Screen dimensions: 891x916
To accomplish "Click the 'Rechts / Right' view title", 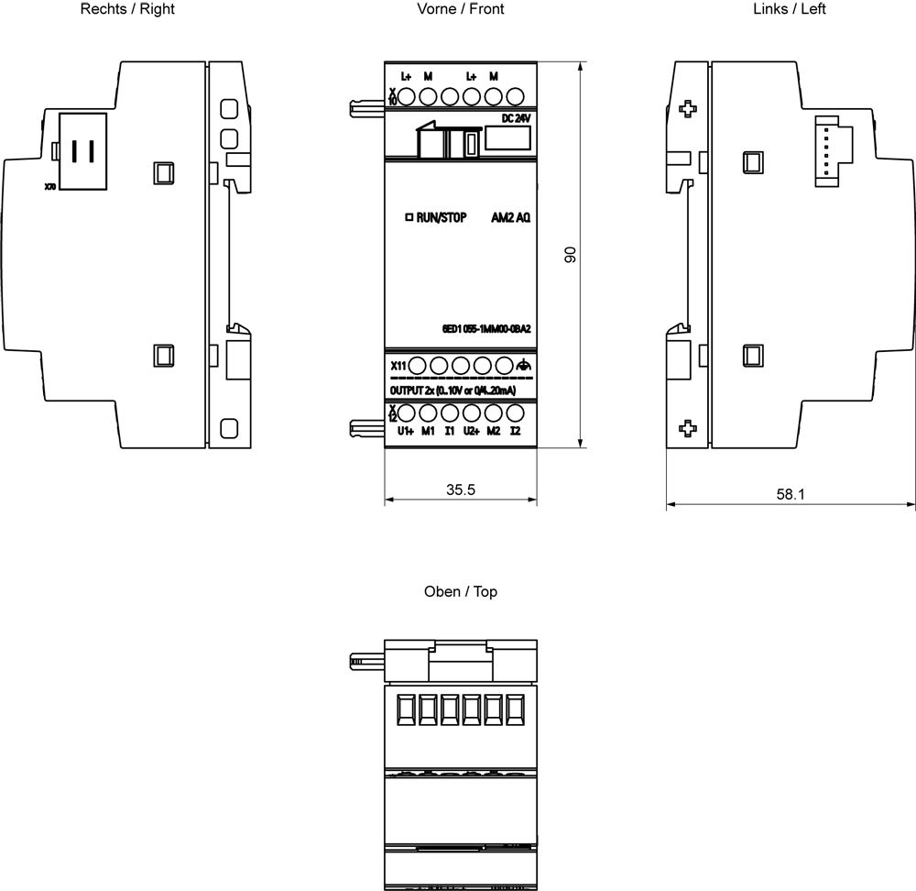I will point(127,9).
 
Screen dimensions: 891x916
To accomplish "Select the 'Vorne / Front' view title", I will point(460,9).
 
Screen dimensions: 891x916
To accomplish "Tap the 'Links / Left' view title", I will point(790,9).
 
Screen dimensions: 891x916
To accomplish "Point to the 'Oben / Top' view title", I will point(460,592).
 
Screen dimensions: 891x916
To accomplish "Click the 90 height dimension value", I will point(569,256).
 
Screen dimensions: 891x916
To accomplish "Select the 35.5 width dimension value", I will point(460,489).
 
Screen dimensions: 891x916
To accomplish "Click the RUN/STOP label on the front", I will point(442,218).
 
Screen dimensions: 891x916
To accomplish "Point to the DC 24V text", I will point(516,119).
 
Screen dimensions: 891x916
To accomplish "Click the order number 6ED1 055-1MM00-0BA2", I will point(486,330).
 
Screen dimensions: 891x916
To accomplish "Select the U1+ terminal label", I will point(405,431).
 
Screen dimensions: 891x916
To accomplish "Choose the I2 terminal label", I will point(516,431).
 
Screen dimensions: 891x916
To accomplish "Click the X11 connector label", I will point(398,367).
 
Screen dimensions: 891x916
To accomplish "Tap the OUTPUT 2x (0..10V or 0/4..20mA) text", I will point(453,390).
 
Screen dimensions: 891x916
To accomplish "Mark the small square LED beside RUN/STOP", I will point(409,218).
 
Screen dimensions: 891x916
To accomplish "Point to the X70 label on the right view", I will point(49,187).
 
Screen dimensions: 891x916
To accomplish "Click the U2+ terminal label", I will point(471,431).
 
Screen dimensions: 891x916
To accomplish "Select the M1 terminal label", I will point(428,431).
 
